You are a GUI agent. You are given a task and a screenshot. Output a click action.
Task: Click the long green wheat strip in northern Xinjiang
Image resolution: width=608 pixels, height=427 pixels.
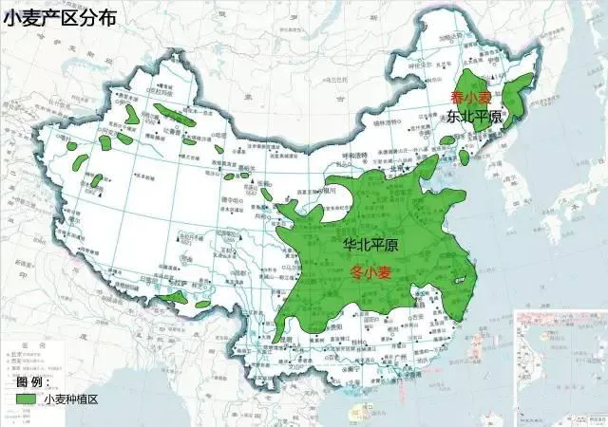pyautogui.click(x=175, y=119)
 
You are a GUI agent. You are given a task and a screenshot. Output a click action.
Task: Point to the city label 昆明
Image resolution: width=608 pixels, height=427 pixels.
pyautogui.click(x=285, y=352)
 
